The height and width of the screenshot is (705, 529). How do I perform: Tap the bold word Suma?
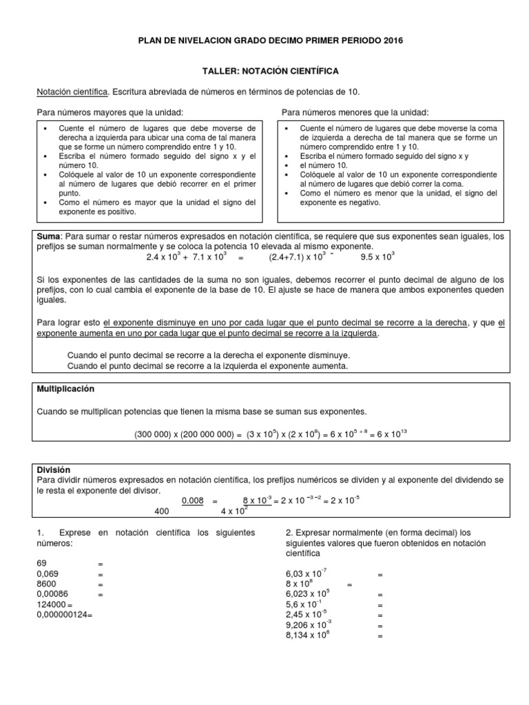[48, 236]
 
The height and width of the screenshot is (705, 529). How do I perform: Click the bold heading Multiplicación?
[65, 389]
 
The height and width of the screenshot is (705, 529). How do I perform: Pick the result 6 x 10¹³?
[393, 434]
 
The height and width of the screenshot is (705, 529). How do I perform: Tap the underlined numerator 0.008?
[192, 501]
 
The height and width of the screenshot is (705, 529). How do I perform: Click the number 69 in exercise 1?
[42, 563]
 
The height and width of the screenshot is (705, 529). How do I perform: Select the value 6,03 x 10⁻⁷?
[307, 574]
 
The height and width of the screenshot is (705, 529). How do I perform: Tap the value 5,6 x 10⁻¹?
[304, 604]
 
